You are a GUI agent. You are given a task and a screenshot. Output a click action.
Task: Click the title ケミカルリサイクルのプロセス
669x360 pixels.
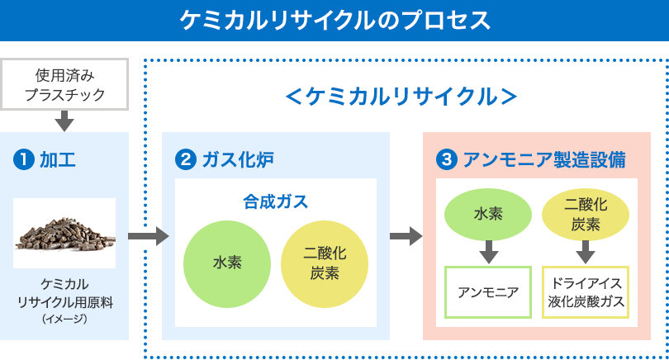point(334,19)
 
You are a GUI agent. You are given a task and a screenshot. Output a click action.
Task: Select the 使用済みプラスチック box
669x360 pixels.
point(64,84)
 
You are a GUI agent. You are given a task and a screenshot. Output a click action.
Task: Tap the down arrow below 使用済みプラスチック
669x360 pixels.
point(64,122)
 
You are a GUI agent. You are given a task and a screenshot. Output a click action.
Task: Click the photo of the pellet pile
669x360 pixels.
point(64,233)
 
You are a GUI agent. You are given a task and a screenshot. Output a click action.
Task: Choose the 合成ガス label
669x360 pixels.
point(275,201)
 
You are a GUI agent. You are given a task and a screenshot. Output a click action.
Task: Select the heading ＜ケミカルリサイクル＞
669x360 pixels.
point(401,97)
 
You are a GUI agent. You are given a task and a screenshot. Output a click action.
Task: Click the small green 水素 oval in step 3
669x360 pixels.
point(487,215)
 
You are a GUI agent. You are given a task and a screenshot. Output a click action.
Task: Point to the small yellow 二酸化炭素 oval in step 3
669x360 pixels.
point(586,215)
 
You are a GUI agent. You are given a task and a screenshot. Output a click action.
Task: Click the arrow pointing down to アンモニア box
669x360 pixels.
point(487,250)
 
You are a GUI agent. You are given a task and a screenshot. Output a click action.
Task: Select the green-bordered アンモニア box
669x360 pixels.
point(487,291)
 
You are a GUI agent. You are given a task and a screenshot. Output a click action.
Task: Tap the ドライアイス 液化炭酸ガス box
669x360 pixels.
point(586,291)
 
